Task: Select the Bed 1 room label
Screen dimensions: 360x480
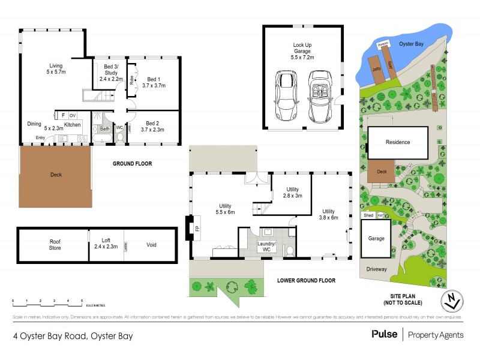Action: [154, 83]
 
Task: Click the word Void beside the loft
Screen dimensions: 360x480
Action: [152, 245]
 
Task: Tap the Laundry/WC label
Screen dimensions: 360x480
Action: [265, 246]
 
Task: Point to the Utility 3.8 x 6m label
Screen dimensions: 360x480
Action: [329, 214]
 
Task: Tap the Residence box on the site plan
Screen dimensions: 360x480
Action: [397, 142]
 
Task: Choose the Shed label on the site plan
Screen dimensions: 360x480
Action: [368, 215]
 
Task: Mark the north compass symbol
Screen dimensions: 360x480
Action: [451, 301]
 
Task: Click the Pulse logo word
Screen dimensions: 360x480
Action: [384, 334]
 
